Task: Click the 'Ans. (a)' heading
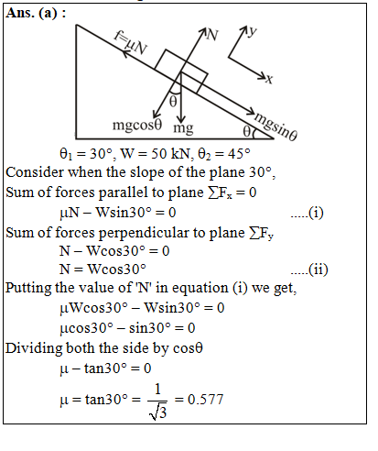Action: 31,13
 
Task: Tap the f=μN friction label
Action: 131,43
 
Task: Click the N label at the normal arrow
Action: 212,35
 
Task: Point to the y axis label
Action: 252,31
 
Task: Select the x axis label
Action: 269,79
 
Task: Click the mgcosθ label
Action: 137,126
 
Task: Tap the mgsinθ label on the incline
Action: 275,126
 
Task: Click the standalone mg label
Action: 183,127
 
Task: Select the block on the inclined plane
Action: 181,71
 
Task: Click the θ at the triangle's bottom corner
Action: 247,132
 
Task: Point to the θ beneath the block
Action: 173,101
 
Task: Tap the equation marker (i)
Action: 316,213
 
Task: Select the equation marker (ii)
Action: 319,269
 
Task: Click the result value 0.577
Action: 206,400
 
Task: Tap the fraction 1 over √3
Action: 157,401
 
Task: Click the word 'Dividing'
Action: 34,348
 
